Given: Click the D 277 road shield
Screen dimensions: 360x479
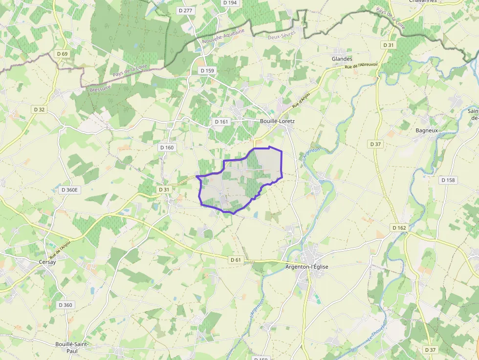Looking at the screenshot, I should pos(184,10).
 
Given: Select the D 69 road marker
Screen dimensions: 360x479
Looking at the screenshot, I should pos(62,54).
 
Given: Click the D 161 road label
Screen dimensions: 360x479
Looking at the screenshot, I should pos(221,121).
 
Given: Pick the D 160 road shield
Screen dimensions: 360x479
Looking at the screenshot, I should pos(167,147).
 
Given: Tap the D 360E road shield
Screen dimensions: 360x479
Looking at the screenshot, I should pos(70,190).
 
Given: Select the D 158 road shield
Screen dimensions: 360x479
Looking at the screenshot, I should pos(448,180).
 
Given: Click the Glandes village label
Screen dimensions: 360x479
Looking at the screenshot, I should pos(342,59).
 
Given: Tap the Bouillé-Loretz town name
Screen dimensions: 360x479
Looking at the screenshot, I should pos(277,121).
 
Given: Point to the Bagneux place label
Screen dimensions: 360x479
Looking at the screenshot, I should pos(426,130).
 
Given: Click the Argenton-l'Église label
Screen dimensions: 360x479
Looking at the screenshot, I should pos(307,267).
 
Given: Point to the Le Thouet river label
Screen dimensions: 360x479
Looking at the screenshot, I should pos(376,332).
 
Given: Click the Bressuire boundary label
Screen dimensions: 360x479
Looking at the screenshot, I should pos(101,88).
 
